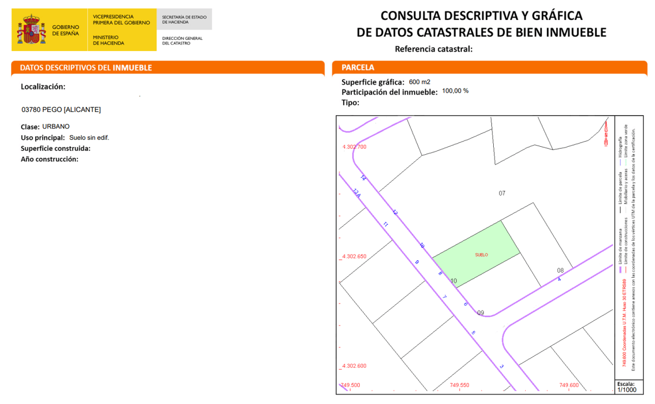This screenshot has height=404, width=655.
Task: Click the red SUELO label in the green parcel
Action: [481, 255]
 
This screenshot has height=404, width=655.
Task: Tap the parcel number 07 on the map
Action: [502, 194]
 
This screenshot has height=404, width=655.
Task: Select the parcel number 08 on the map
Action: [560, 270]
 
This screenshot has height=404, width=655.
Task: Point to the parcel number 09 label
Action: [480, 313]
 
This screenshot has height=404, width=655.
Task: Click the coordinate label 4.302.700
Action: [354, 147]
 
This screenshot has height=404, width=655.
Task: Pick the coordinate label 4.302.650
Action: [354, 257]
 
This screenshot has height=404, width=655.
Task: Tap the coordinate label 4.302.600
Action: [354, 366]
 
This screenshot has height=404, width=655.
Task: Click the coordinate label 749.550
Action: [460, 385]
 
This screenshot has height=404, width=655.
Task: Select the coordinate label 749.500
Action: [350, 385]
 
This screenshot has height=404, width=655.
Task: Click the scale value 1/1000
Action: [626, 390]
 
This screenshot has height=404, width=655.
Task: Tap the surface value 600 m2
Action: [419, 82]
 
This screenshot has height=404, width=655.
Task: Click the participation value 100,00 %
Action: [455, 90]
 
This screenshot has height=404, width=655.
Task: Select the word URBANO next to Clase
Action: [56, 126]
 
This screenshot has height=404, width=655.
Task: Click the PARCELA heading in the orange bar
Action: [358, 67]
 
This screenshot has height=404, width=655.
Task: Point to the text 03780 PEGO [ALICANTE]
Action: [61, 109]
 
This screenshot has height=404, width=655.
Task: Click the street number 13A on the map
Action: [357, 193]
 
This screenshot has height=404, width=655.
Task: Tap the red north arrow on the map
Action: [606, 132]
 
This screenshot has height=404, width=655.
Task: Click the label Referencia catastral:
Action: [434, 49]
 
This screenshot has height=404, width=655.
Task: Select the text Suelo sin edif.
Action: [89, 137]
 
